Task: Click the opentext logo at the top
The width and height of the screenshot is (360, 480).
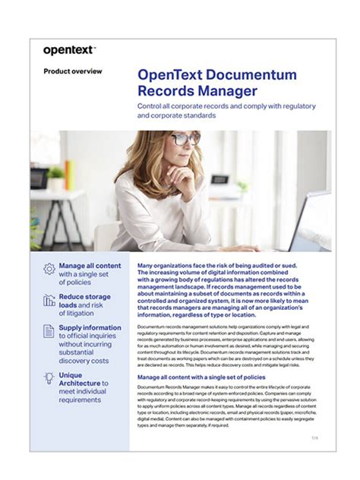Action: [x=68, y=50]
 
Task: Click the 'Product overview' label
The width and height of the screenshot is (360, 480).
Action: [x=73, y=71]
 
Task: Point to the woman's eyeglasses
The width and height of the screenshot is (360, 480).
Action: [x=185, y=139]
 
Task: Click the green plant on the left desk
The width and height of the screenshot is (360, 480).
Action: [x=55, y=174]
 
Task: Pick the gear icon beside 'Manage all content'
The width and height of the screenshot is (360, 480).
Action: [x=49, y=268]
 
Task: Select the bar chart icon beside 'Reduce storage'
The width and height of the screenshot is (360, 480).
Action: [x=49, y=300]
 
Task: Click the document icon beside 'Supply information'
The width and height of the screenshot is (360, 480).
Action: [x=49, y=331]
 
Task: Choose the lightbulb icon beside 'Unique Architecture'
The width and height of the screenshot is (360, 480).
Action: [x=49, y=377]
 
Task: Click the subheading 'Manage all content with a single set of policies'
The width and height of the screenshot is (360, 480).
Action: [x=202, y=377]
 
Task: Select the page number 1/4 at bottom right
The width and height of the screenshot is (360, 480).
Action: [x=314, y=438]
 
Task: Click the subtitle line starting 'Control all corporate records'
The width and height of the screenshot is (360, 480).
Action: [x=226, y=106]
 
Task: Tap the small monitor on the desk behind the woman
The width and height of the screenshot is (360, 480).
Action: [x=219, y=180]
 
